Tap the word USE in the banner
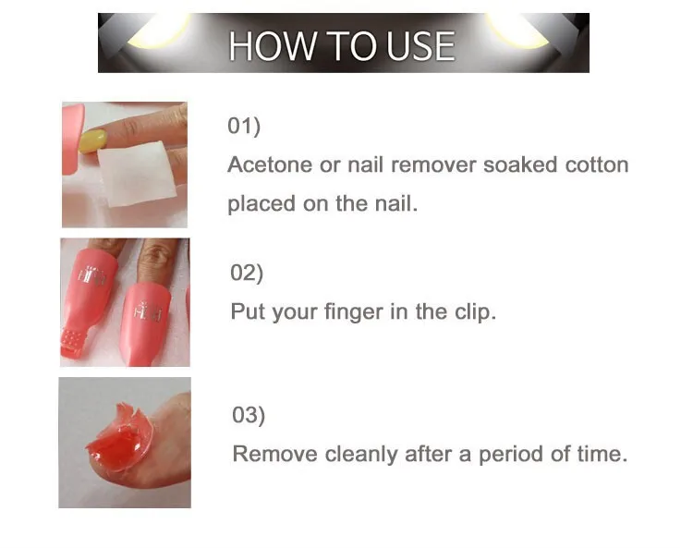pyautogui.click(x=420, y=46)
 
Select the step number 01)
pyautogui.click(x=244, y=126)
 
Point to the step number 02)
pyautogui.click(x=247, y=273)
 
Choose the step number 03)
pyautogui.click(x=249, y=416)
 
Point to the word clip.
pyautogui.click(x=476, y=311)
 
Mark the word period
pyautogui.click(x=509, y=456)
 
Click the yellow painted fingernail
pyautogui.click(x=92, y=140)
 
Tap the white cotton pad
pyautogui.click(x=136, y=174)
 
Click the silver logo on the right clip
pyautogui.click(x=148, y=311)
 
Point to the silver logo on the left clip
pyautogui.click(x=92, y=274)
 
